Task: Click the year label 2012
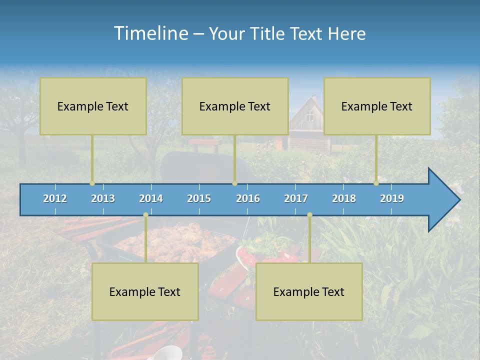(55, 198)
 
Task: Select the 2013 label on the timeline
(103, 198)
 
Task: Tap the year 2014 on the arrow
(151, 198)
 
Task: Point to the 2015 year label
(199, 198)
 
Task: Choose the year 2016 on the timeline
(248, 198)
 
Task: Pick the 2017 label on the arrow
(296, 198)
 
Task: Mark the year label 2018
(344, 198)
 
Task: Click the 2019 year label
(392, 198)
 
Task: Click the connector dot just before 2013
(92, 183)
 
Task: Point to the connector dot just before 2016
(234, 183)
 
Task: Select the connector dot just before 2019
(376, 183)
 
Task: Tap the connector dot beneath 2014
(145, 215)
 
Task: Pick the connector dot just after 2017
(309, 215)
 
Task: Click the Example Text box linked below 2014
(145, 292)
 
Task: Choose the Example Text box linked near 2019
(377, 106)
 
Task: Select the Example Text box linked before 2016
(235, 106)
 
